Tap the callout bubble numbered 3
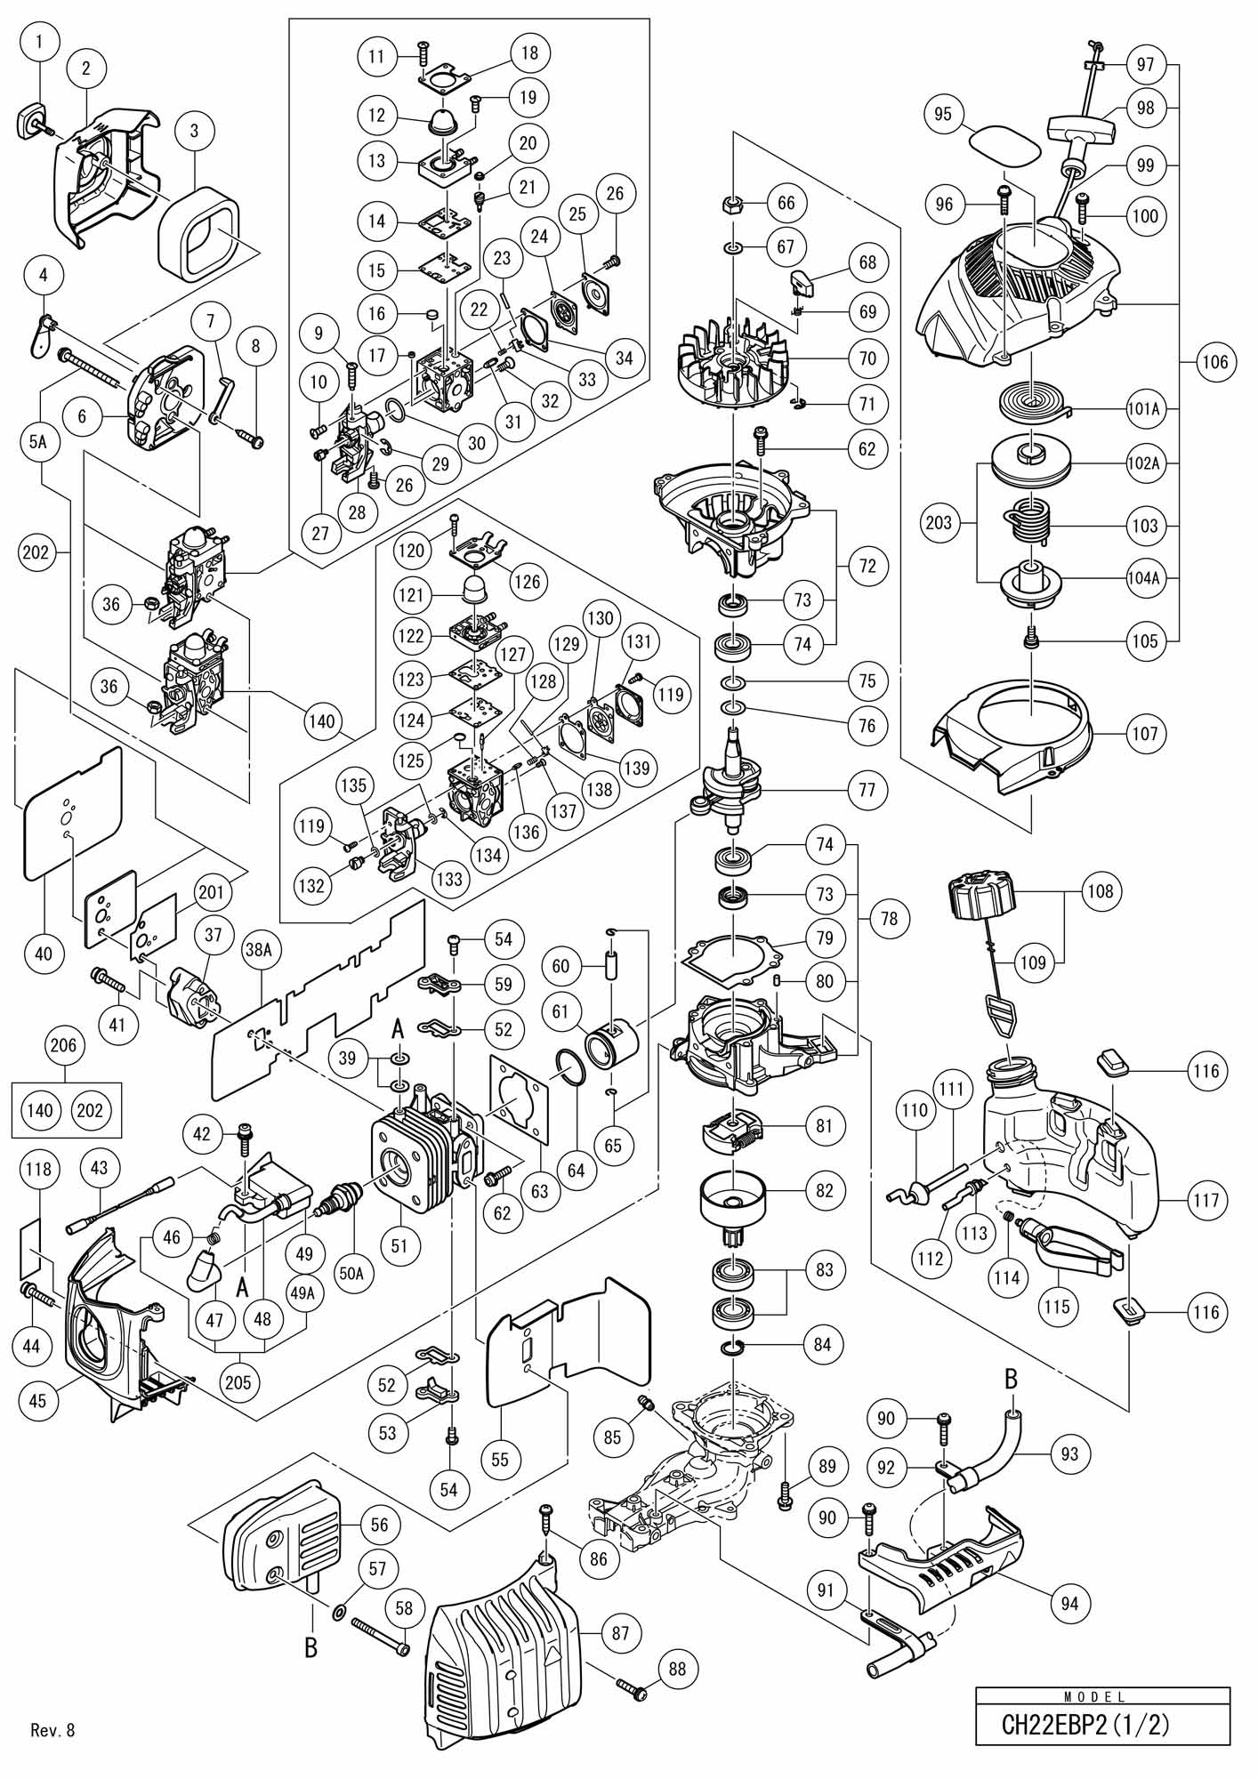tap(194, 130)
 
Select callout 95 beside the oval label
tap(943, 115)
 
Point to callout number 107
tap(1145, 734)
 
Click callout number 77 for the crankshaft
tap(867, 789)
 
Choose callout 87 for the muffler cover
tap(620, 1633)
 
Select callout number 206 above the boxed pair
tap(64, 1046)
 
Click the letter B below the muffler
tap(310, 1648)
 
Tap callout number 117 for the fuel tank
tap(1206, 1201)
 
